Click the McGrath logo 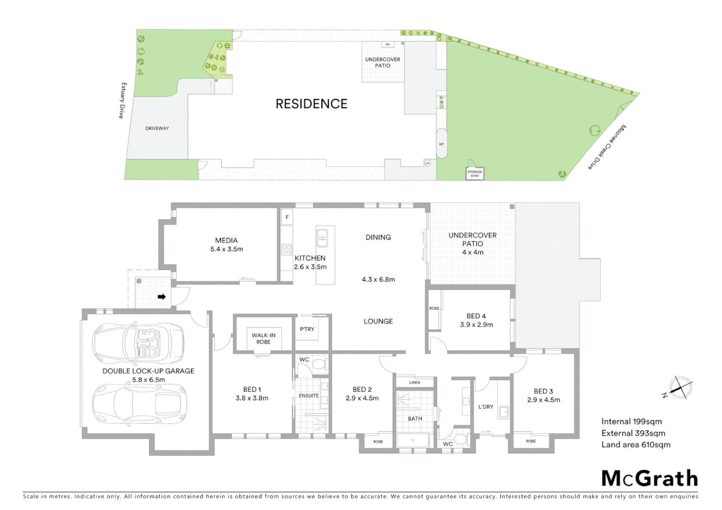tap(650, 479)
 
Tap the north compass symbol tap(679, 388)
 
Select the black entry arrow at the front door tap(162, 297)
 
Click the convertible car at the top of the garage tap(138, 342)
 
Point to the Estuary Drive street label tap(123, 100)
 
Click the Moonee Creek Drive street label tap(608, 147)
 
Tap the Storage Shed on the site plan tap(474, 173)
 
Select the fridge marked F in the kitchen tap(287, 217)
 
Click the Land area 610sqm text tap(636, 444)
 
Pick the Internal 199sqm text tap(631, 422)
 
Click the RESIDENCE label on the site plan tap(311, 104)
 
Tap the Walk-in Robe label tap(263, 339)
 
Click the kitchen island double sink tap(323, 238)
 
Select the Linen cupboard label tap(414, 382)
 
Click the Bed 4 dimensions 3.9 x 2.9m tap(476, 325)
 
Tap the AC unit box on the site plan tap(388, 44)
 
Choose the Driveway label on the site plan tap(157, 128)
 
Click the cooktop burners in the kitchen tap(287, 249)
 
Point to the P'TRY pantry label tap(307, 329)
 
